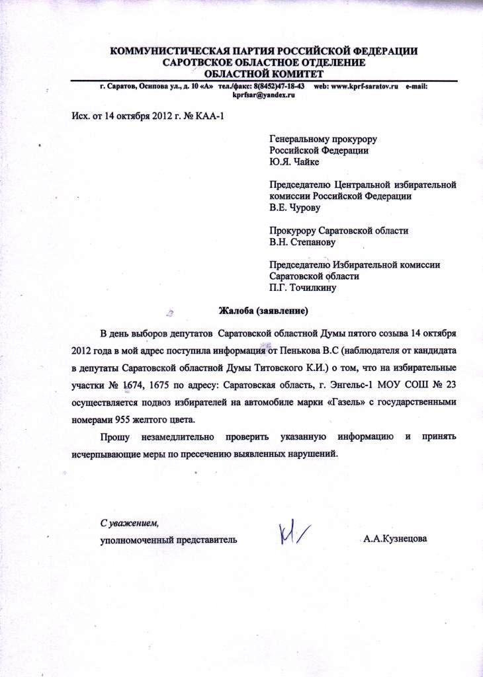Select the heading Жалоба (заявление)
click(x=264, y=309)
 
